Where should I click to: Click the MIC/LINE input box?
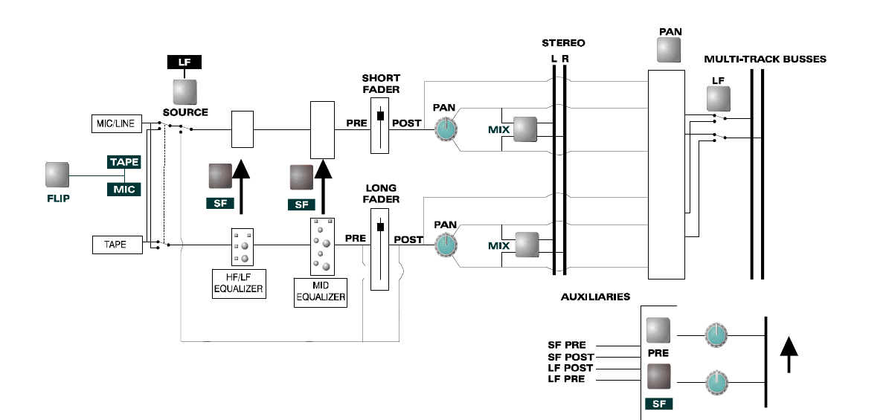[117, 123]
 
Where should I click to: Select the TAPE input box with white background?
[118, 245]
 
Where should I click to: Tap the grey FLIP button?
[57, 175]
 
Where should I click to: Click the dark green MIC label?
[124, 190]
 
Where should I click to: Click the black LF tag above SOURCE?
[184, 62]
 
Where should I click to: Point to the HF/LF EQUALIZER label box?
[239, 284]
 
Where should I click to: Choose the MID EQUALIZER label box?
[321, 292]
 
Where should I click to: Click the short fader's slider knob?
[380, 116]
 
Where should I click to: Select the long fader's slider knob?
[380, 227]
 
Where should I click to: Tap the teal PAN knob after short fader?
[446, 130]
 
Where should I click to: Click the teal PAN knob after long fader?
[446, 245]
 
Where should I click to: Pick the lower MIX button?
[527, 245]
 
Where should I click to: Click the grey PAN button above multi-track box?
[669, 51]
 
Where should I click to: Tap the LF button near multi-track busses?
[719, 99]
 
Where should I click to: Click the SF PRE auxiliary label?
[567, 345]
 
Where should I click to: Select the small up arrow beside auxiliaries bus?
[789, 355]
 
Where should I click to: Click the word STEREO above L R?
[563, 43]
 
